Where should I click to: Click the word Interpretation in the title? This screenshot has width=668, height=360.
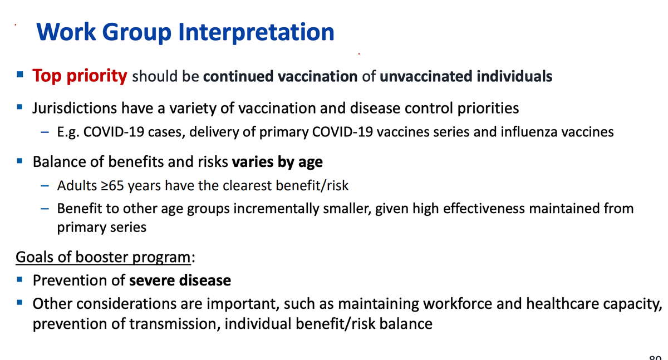[x=256, y=32]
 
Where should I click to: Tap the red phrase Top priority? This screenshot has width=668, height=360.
[x=80, y=76]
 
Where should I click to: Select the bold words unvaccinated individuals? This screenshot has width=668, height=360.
[x=466, y=76]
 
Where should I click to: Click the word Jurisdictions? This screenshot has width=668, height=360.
[x=75, y=108]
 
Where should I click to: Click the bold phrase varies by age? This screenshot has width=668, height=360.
[x=277, y=162]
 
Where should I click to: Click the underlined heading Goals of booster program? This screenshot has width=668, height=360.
[x=103, y=257]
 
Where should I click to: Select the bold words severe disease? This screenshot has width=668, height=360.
[x=180, y=280]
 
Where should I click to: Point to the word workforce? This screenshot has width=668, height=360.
[x=458, y=304]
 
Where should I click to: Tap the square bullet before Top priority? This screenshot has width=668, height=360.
[x=20, y=74]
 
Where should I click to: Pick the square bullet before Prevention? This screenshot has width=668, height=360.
[x=19, y=279]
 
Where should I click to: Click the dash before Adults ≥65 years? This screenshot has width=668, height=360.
[x=45, y=186]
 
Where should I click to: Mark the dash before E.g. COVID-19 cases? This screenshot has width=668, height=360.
[x=45, y=132]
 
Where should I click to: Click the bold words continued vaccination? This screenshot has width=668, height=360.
[x=281, y=76]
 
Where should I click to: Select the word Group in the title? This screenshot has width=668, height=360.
[x=136, y=33]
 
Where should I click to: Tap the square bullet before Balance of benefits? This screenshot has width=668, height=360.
[x=19, y=161]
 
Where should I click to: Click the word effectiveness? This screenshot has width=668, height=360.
[x=484, y=209]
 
